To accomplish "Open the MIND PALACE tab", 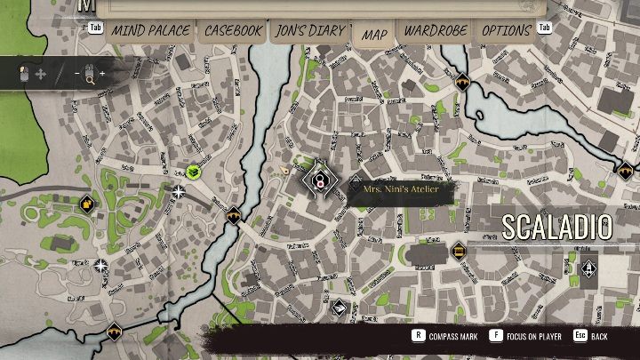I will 150,30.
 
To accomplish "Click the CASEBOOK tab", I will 233,30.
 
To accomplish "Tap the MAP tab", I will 374,34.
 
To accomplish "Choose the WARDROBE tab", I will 436,30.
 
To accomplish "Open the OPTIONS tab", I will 506,30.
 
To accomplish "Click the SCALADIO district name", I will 556,227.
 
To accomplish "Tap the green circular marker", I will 193,172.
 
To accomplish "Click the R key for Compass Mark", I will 418,336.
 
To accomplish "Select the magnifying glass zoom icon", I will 90,75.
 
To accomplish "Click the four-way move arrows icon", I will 40,74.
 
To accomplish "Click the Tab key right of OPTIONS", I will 545,28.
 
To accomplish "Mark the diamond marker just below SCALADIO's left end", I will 459,251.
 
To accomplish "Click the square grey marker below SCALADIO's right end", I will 588,268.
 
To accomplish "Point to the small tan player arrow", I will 284,169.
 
